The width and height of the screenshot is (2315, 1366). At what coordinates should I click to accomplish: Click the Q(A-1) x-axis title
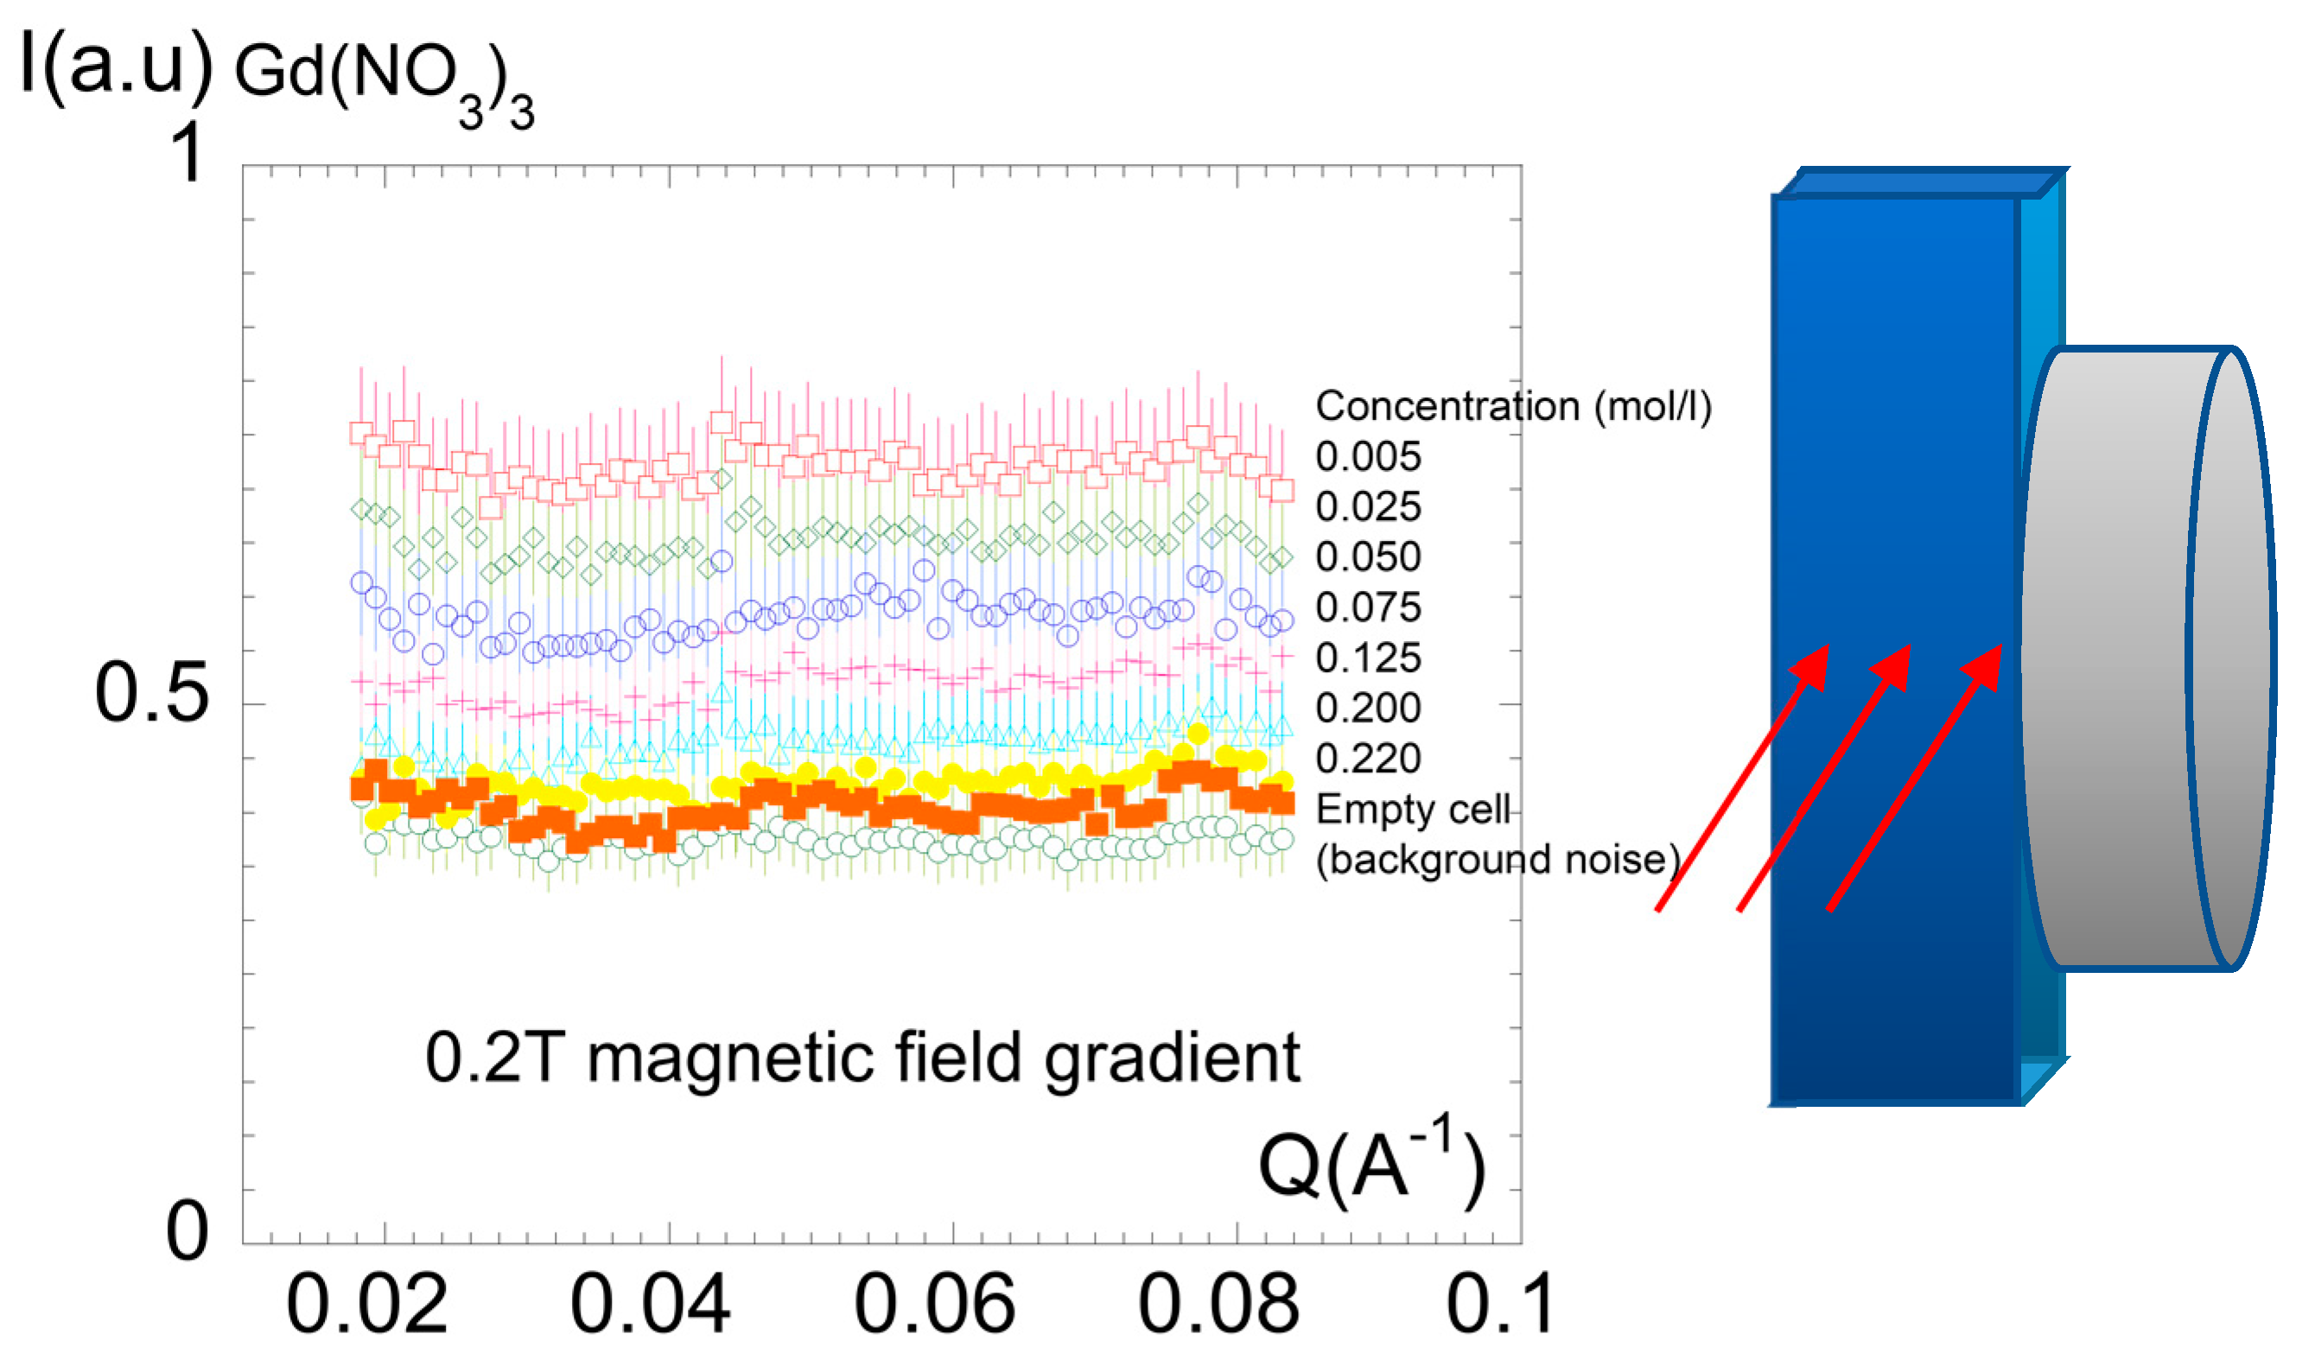click(x=1371, y=1165)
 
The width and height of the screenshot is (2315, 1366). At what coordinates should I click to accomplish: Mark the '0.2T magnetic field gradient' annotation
click(x=862, y=1058)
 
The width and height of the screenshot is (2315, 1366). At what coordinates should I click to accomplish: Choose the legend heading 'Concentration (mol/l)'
click(x=1513, y=406)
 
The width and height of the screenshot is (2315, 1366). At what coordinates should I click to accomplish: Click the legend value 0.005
click(x=1368, y=456)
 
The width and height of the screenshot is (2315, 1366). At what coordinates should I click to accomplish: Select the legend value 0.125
click(x=1368, y=658)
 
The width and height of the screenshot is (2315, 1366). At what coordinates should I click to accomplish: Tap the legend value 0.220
click(x=1368, y=759)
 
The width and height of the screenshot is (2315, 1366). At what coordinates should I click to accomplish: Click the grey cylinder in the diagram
click(x=2145, y=658)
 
